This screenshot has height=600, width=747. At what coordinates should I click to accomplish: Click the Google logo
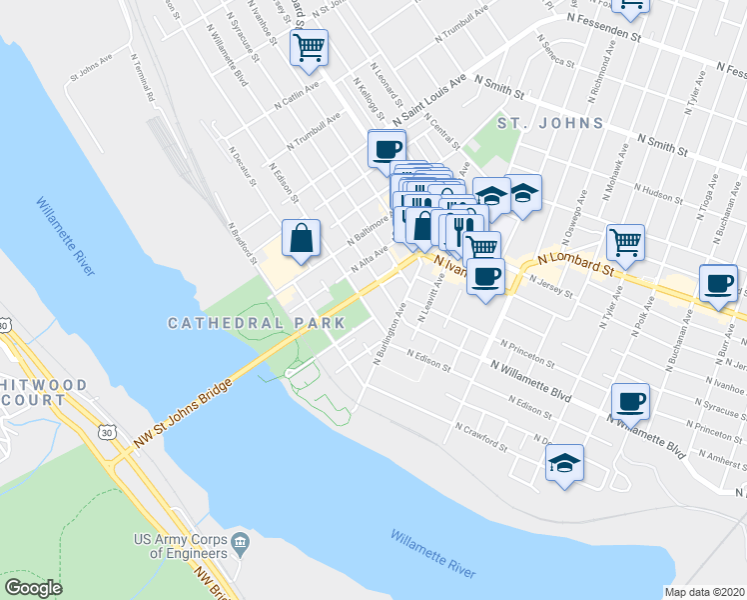tap(34, 588)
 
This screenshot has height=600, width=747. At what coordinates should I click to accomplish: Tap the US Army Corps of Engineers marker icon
tap(241, 545)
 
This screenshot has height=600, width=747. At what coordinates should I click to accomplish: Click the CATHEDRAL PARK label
tap(256, 323)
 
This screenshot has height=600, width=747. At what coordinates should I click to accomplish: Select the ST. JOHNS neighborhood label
tap(550, 123)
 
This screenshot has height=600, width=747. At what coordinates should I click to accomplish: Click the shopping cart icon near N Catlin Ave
tap(309, 46)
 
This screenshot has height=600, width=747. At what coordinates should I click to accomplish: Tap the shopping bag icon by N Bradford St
tap(301, 238)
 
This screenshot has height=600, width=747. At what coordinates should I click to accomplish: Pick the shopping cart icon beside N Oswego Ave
tap(625, 240)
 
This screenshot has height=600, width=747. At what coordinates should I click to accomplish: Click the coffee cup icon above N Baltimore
tap(386, 150)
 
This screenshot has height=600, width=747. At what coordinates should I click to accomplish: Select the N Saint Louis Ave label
tap(429, 102)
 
